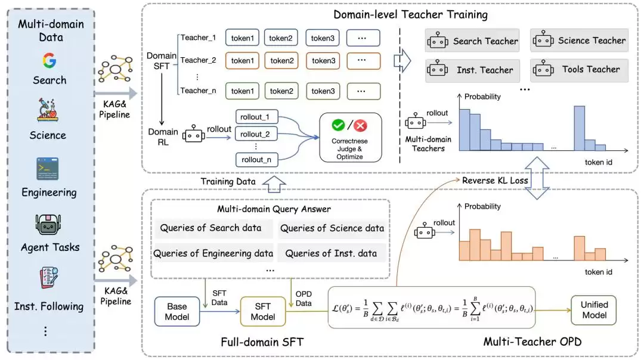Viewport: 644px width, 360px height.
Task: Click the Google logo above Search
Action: point(49,60)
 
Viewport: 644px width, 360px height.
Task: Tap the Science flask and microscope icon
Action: point(48,110)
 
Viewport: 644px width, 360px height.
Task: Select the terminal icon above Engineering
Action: point(48,169)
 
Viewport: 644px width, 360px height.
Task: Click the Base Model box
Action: point(177,312)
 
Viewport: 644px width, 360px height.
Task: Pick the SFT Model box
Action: point(263,312)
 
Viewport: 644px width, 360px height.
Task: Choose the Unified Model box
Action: point(594,310)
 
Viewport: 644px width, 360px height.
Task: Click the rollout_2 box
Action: point(255,134)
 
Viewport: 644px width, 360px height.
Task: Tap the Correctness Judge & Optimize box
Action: point(351,138)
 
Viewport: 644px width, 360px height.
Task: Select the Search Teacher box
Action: point(472,41)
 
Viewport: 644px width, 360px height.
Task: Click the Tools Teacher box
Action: point(579,70)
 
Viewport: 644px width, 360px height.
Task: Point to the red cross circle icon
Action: point(360,126)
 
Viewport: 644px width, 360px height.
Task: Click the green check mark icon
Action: point(339,125)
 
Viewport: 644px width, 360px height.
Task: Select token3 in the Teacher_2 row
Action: point(323,61)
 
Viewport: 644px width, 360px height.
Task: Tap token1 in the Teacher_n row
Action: point(242,91)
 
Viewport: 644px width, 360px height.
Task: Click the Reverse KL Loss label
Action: point(495,181)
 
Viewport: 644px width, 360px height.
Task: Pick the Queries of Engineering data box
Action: point(213,253)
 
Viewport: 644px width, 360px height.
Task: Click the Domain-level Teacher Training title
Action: point(410,15)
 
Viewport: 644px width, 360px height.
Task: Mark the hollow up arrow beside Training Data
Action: point(274,184)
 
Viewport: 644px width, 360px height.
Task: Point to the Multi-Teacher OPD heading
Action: point(532,342)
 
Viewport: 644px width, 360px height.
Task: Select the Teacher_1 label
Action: point(198,38)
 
